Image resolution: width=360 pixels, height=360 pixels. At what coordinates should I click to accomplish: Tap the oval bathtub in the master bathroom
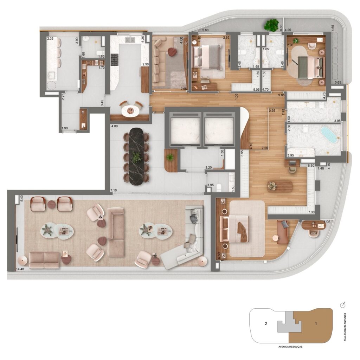point(329,135)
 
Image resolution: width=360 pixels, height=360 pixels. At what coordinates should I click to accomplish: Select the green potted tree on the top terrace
point(271,25)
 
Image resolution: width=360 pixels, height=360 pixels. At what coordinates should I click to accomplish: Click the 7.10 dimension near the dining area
point(114,190)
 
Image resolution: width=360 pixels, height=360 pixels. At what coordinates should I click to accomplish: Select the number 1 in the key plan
point(316,323)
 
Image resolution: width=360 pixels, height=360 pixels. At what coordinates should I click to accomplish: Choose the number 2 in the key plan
point(266,323)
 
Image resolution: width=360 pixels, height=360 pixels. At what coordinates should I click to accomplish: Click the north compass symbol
point(343,304)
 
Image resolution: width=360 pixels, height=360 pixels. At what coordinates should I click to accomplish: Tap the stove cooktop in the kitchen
point(115,60)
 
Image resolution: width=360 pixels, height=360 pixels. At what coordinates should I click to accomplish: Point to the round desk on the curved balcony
point(312,225)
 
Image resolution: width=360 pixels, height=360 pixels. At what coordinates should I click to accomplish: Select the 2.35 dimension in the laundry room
point(50,39)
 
